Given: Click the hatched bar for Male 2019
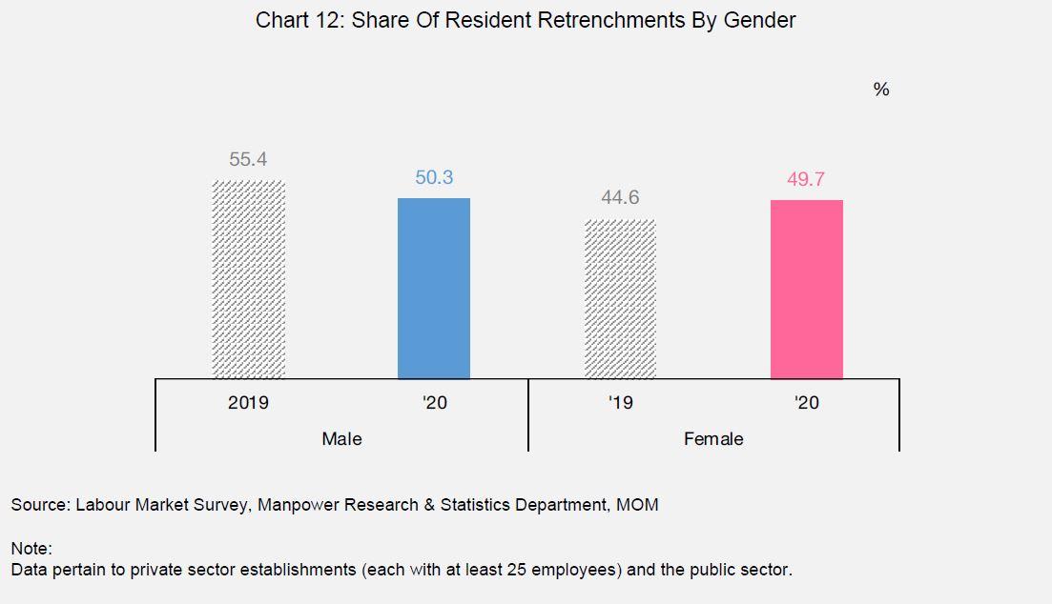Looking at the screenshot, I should click(x=248, y=279).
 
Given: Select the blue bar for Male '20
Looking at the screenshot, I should click(x=434, y=288).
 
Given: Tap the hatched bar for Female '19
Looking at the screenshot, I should click(x=620, y=299).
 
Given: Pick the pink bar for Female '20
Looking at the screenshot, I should click(x=806, y=289).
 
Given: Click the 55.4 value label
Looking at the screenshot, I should click(x=248, y=159).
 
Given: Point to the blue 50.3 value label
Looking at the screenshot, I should click(x=434, y=177).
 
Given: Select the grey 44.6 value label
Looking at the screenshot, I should click(x=620, y=198).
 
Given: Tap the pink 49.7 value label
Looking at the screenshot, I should click(x=806, y=179).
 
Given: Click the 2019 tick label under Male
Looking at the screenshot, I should click(x=248, y=403).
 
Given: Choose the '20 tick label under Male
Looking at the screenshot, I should click(x=434, y=403).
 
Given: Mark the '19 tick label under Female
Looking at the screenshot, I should click(x=620, y=403).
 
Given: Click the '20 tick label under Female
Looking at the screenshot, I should click(x=806, y=403).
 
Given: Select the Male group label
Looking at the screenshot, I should click(x=341, y=439).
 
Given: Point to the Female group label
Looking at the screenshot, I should click(x=713, y=439).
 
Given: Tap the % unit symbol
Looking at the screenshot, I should click(x=880, y=90).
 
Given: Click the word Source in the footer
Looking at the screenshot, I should click(x=38, y=505).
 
